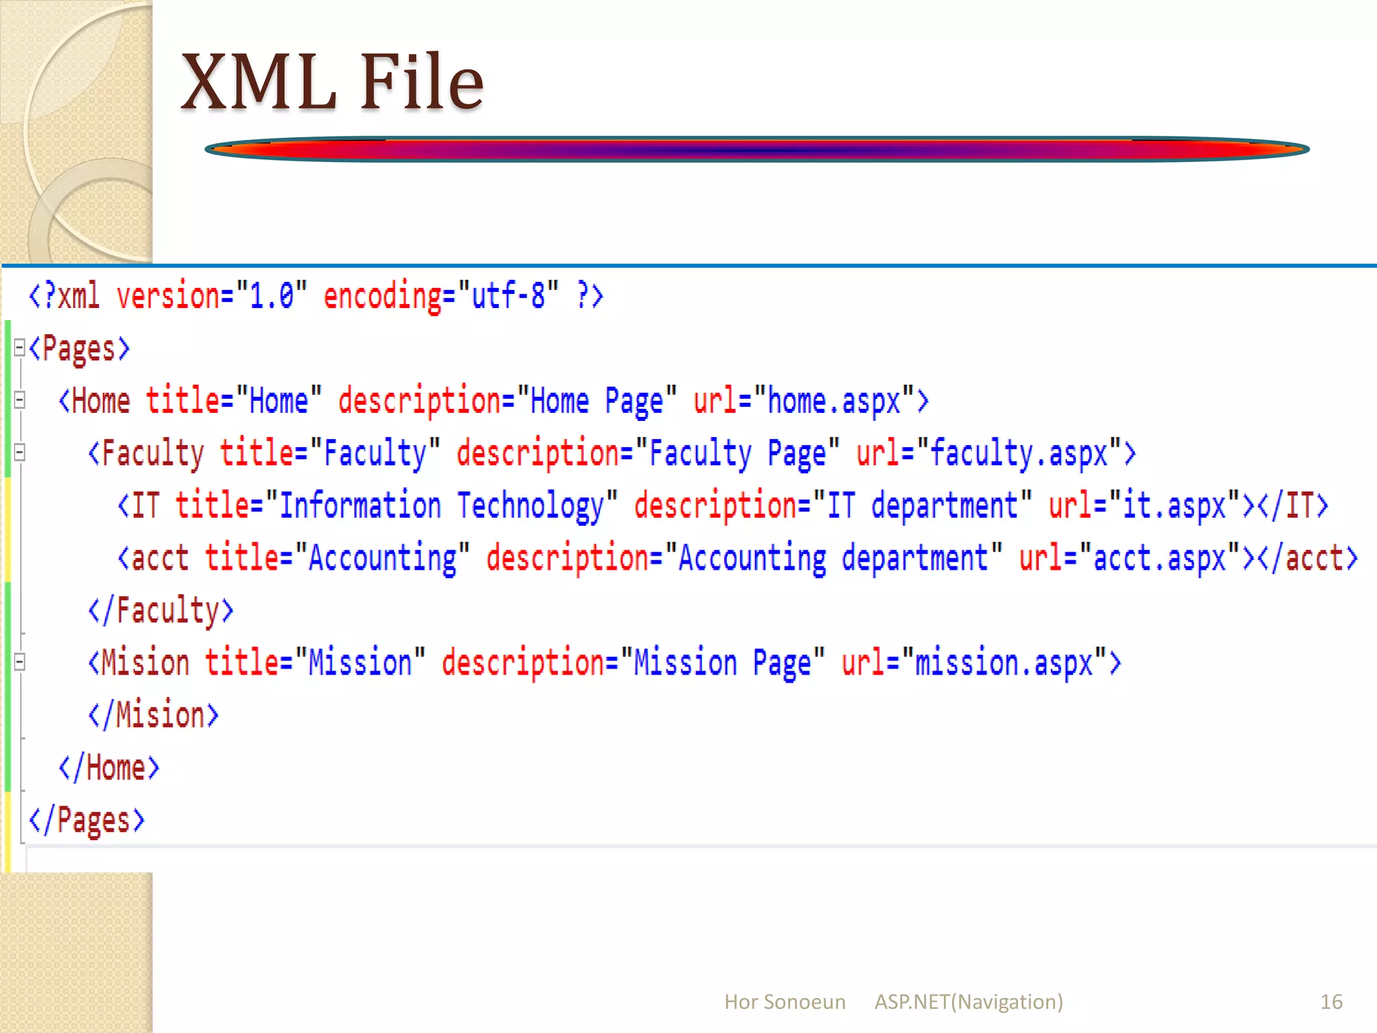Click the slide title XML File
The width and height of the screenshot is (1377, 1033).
point(332,82)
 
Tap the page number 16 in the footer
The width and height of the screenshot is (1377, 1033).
point(1331,1001)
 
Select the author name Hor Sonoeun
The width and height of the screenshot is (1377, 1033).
point(784,1001)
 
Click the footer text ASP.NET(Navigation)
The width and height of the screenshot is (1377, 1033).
point(968,1001)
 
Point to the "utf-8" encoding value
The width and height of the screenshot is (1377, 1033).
point(508,296)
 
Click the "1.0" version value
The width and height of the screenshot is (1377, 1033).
point(272,296)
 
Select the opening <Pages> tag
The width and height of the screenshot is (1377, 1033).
point(79,348)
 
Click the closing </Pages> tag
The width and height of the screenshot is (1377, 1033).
point(87,820)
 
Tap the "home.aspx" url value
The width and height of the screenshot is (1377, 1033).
point(834,401)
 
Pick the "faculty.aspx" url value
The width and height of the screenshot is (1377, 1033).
point(1018,453)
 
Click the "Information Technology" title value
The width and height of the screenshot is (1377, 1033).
point(441,505)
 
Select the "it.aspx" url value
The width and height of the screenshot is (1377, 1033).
point(1174,505)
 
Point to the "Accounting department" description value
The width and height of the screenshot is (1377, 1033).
point(833,558)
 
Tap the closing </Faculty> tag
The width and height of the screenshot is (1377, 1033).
point(161,610)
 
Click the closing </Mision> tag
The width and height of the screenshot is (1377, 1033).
point(153,715)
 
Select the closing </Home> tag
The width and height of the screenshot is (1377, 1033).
point(109,768)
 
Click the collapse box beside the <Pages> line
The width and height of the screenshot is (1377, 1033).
point(19,348)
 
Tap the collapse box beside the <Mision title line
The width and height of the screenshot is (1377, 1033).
point(19,662)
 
